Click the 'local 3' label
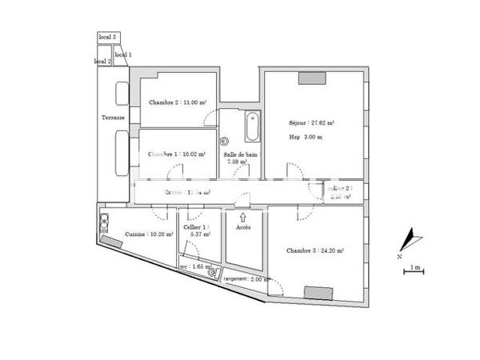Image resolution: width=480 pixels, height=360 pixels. [x=107, y=37]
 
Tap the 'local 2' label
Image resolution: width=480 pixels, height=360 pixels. [x=102, y=61]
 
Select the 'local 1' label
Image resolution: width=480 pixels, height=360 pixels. [x=124, y=54]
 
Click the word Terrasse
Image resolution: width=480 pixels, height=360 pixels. [x=114, y=118]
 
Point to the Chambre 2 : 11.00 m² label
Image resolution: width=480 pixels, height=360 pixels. [x=178, y=102]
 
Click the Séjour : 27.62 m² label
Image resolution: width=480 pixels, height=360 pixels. [x=311, y=123]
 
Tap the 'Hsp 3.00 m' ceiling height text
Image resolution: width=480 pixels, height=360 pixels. [x=306, y=138]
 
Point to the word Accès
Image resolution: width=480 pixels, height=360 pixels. [x=243, y=227]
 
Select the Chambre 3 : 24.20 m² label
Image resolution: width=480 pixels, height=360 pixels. [x=314, y=250]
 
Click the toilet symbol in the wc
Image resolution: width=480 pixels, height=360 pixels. [x=213, y=272]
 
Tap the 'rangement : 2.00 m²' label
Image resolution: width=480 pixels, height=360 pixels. [x=247, y=279]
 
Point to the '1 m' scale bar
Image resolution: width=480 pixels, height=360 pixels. [x=413, y=270]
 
